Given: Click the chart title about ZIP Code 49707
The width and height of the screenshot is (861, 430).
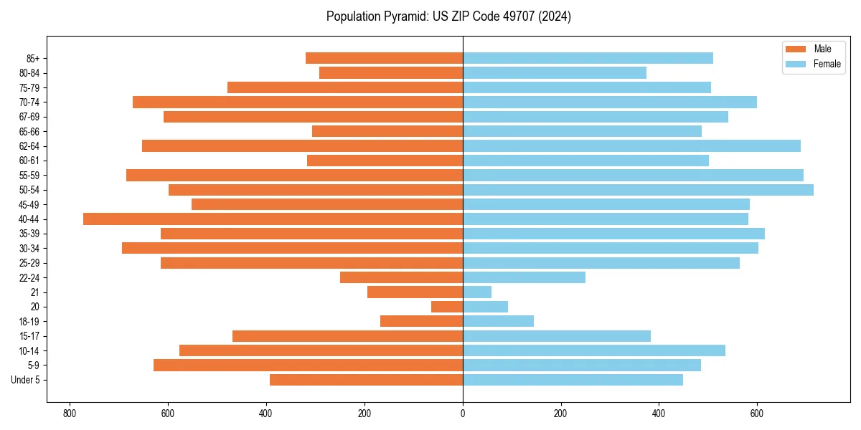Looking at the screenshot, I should pyautogui.click(x=448, y=16).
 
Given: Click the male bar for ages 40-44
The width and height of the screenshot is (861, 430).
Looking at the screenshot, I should pyautogui.click(x=273, y=219).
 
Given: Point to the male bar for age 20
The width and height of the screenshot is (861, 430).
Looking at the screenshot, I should pyautogui.click(x=447, y=307).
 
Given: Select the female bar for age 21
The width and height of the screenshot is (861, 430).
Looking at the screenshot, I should pyautogui.click(x=477, y=292).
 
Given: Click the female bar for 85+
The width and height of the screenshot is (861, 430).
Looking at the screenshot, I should pyautogui.click(x=588, y=58).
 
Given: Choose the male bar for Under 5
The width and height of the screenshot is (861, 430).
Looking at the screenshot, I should pyautogui.click(x=366, y=380).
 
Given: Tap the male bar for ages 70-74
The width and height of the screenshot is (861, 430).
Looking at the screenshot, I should pyautogui.click(x=298, y=102).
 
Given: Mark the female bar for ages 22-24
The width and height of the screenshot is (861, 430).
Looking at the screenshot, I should pyautogui.click(x=524, y=277).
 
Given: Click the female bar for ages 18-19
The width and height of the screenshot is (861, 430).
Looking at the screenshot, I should pyautogui.click(x=498, y=321).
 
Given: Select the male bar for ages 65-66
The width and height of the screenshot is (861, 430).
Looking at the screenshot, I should pyautogui.click(x=387, y=131).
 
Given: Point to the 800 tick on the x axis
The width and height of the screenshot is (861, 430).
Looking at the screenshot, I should pyautogui.click(x=70, y=414).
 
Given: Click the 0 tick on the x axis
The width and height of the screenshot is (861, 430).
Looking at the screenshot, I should pyautogui.click(x=463, y=414).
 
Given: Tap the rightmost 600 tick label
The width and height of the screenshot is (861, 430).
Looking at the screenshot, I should pyautogui.click(x=756, y=414).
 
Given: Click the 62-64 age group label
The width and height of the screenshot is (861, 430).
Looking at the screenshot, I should pyautogui.click(x=29, y=146).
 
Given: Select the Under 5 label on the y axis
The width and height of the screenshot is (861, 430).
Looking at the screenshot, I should pyautogui.click(x=26, y=380).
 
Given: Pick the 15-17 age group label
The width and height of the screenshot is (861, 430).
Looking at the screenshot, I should pyautogui.click(x=29, y=336).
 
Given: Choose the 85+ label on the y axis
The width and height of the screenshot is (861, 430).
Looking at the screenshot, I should pyautogui.click(x=32, y=58).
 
